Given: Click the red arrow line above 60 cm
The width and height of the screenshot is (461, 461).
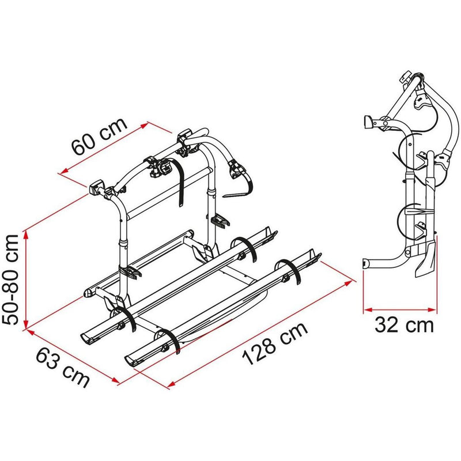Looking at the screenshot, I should (x=104, y=147).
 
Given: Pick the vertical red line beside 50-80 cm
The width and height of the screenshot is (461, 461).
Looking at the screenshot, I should (x=26, y=279).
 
